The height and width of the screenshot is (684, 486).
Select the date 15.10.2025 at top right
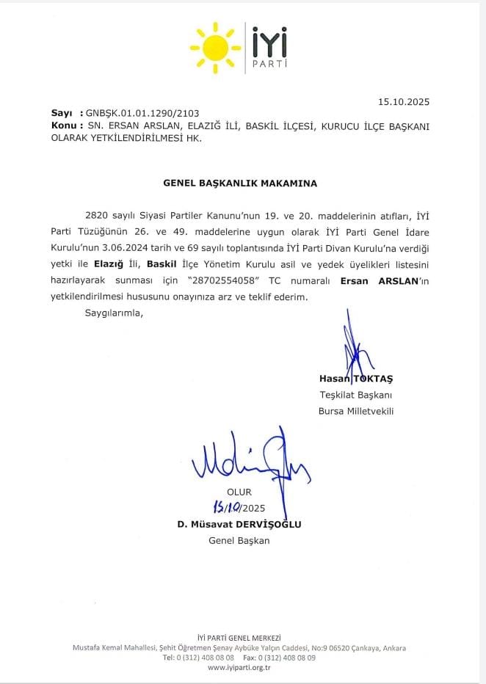point(404,102)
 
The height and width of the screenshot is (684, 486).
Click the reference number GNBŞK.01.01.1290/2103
point(139,114)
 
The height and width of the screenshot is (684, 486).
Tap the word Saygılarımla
point(110,313)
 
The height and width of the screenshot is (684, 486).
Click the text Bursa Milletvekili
point(356,411)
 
